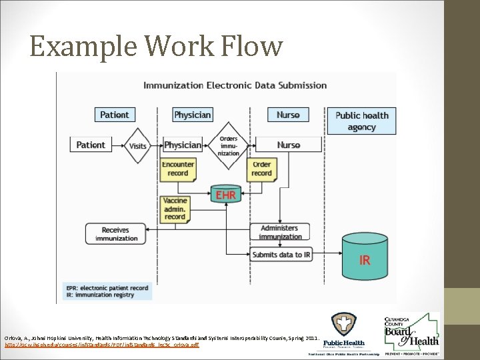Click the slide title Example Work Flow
click(156, 47)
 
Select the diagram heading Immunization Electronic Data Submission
click(235, 85)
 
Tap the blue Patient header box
click(114, 115)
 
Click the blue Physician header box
click(192, 115)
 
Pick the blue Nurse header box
click(288, 115)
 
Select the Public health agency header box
click(361, 121)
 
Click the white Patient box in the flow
click(91, 145)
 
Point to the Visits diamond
click(138, 145)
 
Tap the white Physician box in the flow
click(183, 145)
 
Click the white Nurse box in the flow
click(288, 145)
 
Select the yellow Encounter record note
click(178, 169)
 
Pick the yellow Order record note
click(261, 169)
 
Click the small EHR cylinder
click(225, 195)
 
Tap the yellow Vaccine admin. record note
click(175, 209)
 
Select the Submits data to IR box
click(280, 255)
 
